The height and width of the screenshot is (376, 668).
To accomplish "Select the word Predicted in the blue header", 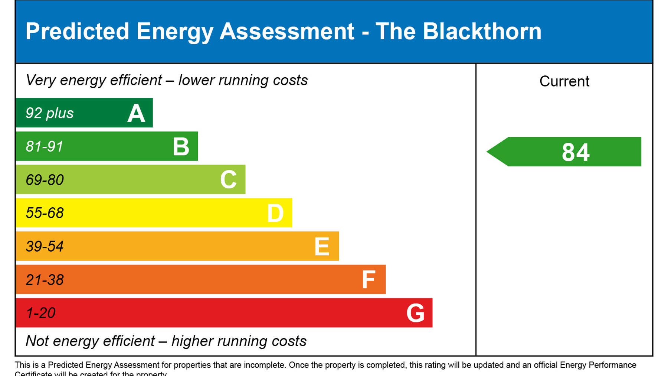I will pyautogui.click(x=77, y=31).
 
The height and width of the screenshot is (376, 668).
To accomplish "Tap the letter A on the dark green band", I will pyautogui.click(x=136, y=113).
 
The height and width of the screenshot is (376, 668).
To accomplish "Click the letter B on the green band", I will pyautogui.click(x=181, y=146).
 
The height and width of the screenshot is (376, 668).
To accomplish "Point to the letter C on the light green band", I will pyautogui.click(x=228, y=180).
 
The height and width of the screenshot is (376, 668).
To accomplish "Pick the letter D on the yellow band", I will pyautogui.click(x=275, y=213).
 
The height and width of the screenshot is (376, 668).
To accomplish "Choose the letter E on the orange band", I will pyautogui.click(x=322, y=246).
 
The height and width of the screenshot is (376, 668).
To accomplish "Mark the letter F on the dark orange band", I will pyautogui.click(x=369, y=280).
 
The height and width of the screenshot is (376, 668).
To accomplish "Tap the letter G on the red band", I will pyautogui.click(x=415, y=313).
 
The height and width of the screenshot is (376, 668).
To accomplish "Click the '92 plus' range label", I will pyautogui.click(x=49, y=113).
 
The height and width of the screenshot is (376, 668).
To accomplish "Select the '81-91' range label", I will pyautogui.click(x=45, y=146).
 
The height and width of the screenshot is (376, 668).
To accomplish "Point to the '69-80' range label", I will pyautogui.click(x=45, y=180).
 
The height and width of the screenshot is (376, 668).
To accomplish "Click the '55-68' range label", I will pyautogui.click(x=45, y=213).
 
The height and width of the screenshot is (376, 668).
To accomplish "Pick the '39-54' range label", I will pyautogui.click(x=45, y=246).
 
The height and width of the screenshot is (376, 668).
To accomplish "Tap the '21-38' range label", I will pyautogui.click(x=45, y=280).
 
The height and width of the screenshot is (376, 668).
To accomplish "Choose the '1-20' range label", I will pyautogui.click(x=40, y=313).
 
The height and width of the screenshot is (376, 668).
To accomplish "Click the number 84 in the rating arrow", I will pyautogui.click(x=575, y=152).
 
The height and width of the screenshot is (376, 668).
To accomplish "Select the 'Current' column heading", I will pyautogui.click(x=564, y=81).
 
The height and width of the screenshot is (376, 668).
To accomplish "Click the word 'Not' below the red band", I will pyautogui.click(x=37, y=341).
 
